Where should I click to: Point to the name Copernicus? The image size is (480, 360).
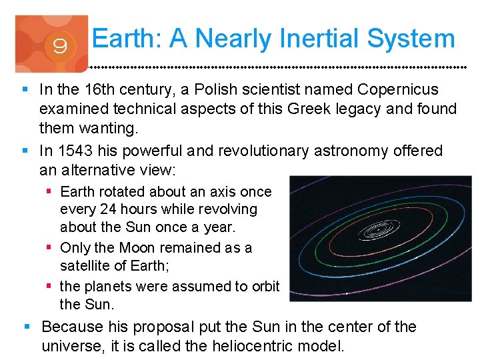pyautogui.click(x=398, y=89)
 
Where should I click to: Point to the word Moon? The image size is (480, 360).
pyautogui.click(x=139, y=247)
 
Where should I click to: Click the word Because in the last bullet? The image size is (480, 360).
pyautogui.click(x=73, y=327)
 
